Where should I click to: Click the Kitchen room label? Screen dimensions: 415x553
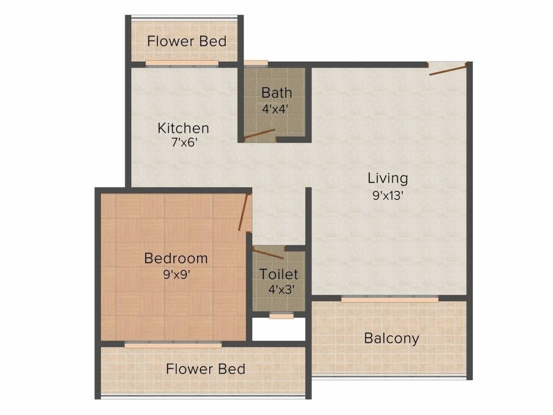pos(183,128)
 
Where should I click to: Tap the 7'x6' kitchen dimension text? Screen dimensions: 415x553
pos(183,143)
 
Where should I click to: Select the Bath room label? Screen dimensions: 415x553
pos(276,93)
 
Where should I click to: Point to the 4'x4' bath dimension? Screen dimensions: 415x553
pos(275,108)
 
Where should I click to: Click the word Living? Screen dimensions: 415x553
pos(388,178)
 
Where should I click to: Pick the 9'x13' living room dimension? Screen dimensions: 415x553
pos(388,195)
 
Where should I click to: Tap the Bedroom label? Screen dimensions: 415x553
pos(176,258)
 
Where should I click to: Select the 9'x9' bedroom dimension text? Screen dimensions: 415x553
pos(176,274)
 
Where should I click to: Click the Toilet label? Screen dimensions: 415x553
pos(279,274)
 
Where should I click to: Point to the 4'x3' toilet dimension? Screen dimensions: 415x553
pos(281,289)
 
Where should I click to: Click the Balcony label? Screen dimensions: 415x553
pos(392,339)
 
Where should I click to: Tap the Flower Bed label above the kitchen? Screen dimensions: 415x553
pos(187,41)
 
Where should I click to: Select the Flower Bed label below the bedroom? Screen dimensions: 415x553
pos(206,369)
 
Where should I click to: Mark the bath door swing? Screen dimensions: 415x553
pos(259,134)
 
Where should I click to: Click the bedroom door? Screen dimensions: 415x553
pos(245,212)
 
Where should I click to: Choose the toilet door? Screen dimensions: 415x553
pos(268,254)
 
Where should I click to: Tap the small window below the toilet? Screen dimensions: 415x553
pos(281,316)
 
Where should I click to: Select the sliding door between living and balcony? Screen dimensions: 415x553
pos(389,298)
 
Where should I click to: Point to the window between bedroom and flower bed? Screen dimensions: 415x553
pos(173,344)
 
